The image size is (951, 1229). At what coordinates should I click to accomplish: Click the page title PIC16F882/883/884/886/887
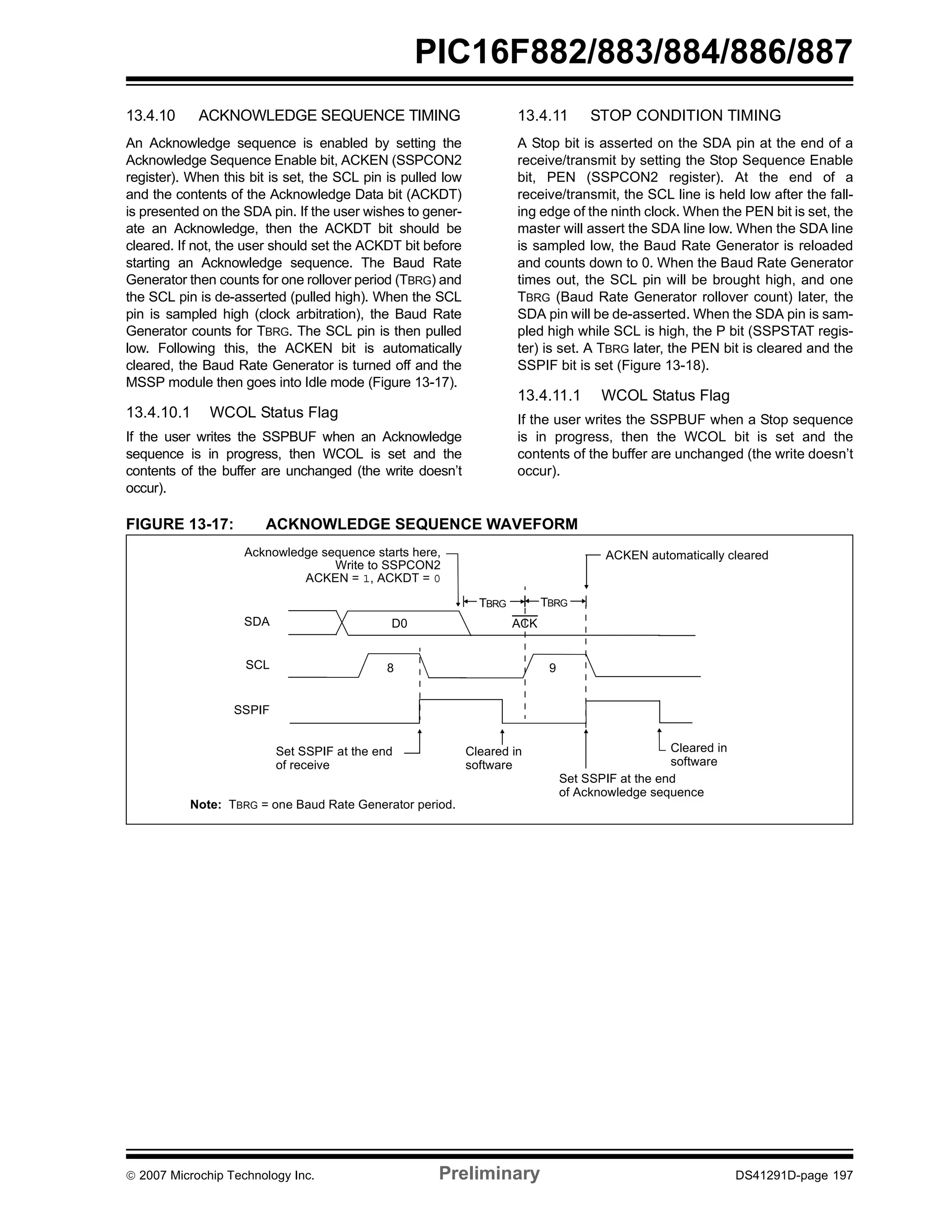[x=633, y=53]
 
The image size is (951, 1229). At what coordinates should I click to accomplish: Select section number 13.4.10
[x=150, y=115]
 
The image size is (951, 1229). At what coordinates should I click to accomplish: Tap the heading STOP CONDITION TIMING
[x=685, y=115]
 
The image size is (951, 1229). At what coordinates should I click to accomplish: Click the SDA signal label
[x=257, y=622]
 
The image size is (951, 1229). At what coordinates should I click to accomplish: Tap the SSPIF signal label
[x=252, y=710]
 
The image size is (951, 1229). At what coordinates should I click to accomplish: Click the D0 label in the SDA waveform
[x=399, y=624]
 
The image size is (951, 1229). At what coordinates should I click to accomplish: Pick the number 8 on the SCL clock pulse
[x=390, y=668]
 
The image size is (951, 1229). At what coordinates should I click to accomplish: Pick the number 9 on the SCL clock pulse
[x=552, y=668]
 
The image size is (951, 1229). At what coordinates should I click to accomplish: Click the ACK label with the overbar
[x=524, y=623]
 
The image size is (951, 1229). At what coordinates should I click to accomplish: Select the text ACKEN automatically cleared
[x=686, y=555]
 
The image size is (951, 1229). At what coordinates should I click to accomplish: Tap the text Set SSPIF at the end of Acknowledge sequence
[x=630, y=785]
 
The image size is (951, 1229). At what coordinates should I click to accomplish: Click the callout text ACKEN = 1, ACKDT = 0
[x=372, y=578]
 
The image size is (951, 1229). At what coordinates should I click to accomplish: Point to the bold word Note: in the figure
[x=205, y=805]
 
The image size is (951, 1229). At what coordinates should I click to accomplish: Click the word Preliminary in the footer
[x=489, y=1173]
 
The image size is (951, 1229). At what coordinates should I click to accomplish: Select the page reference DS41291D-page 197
[x=794, y=1175]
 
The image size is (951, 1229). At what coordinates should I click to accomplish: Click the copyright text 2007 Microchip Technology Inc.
[x=226, y=1175]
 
